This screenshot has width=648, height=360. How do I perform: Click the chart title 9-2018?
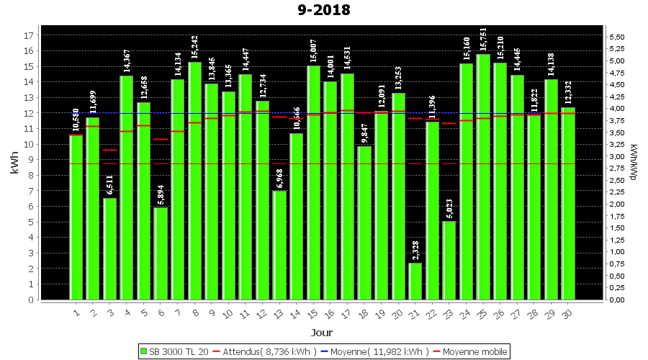pos(324,10)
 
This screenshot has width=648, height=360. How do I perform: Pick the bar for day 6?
pos(161,253)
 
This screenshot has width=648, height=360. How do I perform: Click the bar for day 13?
pos(279,245)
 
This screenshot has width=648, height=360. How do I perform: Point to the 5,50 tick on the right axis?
pos(617,37)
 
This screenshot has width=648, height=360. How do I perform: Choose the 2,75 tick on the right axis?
pos(617,168)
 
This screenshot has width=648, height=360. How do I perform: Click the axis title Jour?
pos(322,333)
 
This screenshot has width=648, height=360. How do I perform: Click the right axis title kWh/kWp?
pos(634,162)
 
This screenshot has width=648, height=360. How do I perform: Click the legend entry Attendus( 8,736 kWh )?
pos(266,351)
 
